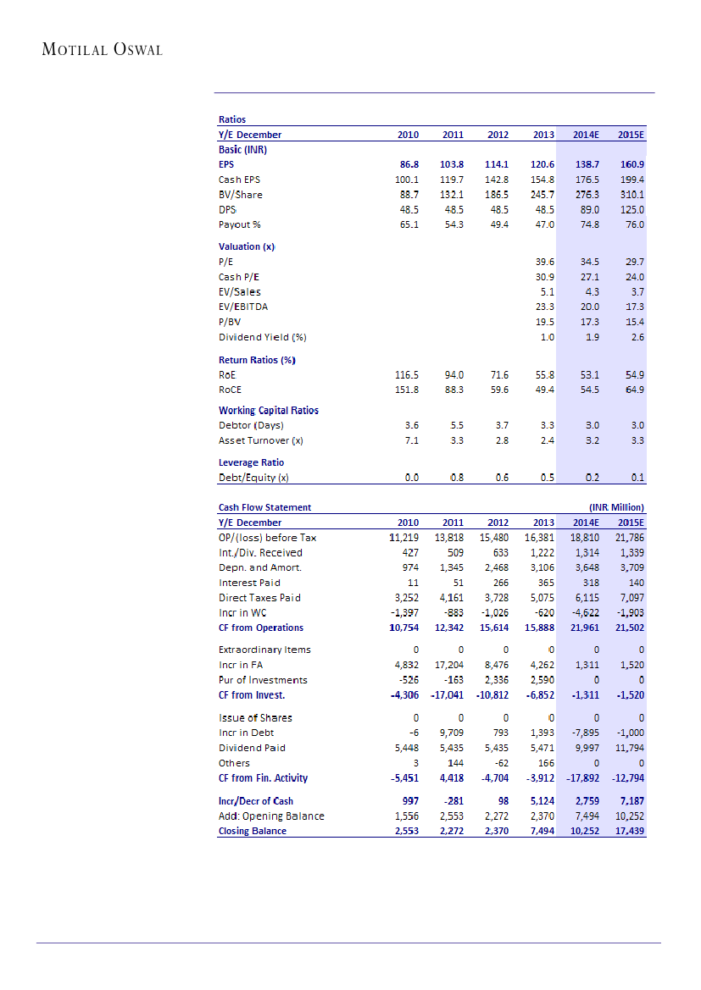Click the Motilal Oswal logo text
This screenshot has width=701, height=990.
coord(102,49)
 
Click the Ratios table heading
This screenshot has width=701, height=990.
coord(232,119)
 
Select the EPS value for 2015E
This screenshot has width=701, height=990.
coord(631,164)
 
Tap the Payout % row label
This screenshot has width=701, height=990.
coord(240,224)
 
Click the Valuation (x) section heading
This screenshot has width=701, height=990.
coord(247,246)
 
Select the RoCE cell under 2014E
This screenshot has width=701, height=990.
coord(587,390)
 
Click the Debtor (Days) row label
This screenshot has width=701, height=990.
coord(251,425)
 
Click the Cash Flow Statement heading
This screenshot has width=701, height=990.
coord(264,507)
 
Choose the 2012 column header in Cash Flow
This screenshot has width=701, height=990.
coord(498,523)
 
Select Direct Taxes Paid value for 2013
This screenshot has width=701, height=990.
coord(539,597)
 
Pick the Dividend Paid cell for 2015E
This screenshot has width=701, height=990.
coord(628,748)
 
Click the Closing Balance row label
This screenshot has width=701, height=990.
coord(253,831)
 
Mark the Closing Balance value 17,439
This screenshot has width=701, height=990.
coord(627,831)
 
